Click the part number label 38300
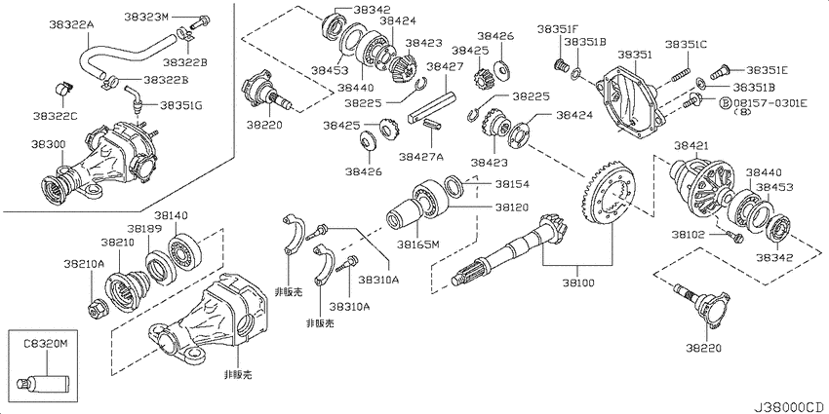pyautogui.click(x=47, y=143)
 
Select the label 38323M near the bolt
pyautogui.click(x=146, y=17)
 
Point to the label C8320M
pyautogui.click(x=46, y=344)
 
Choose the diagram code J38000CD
pyautogui.click(x=791, y=407)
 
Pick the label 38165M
pyautogui.click(x=418, y=244)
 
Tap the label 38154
pyautogui.click(x=512, y=184)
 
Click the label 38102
pyautogui.click(x=689, y=233)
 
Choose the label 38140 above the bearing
pyautogui.click(x=172, y=215)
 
